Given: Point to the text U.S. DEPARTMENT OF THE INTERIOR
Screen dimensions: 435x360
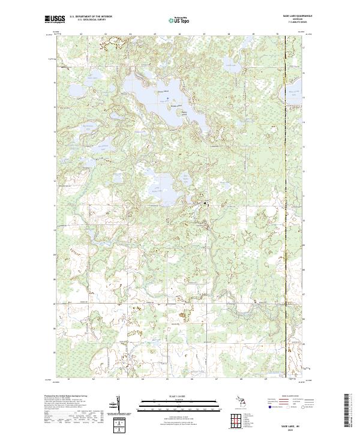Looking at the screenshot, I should [x=90, y=17].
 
